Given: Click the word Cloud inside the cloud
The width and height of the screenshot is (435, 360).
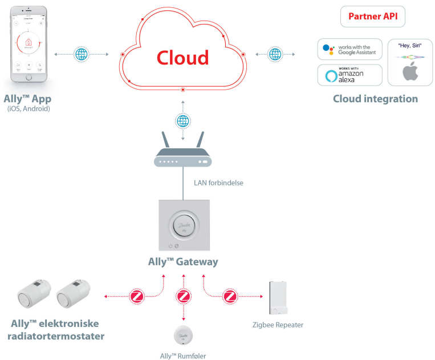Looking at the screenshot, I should pyautogui.click(x=182, y=57).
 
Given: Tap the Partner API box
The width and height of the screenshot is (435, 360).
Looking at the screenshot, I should pyautogui.click(x=372, y=17).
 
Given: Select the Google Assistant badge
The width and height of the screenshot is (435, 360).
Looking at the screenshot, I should pyautogui.click(x=349, y=50).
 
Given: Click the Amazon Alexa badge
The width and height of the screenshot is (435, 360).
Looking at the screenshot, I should pyautogui.click(x=349, y=75).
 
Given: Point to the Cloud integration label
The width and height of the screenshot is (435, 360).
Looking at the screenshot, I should pyautogui.click(x=375, y=99).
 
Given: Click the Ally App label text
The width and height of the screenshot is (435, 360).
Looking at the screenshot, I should pyautogui.click(x=27, y=98).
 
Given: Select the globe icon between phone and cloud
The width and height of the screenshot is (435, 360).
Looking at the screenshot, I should pyautogui.click(x=82, y=54).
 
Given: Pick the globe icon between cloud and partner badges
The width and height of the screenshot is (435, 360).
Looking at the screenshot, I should pyautogui.click(x=275, y=54).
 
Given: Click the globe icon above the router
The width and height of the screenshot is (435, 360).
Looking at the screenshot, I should pyautogui.click(x=182, y=121).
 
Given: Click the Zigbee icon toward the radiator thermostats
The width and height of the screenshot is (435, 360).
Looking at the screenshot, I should pyautogui.click(x=137, y=297).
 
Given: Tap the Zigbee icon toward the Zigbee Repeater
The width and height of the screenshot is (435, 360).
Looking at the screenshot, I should pyautogui.click(x=230, y=297).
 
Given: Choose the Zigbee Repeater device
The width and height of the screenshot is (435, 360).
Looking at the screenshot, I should pyautogui.click(x=278, y=298).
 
